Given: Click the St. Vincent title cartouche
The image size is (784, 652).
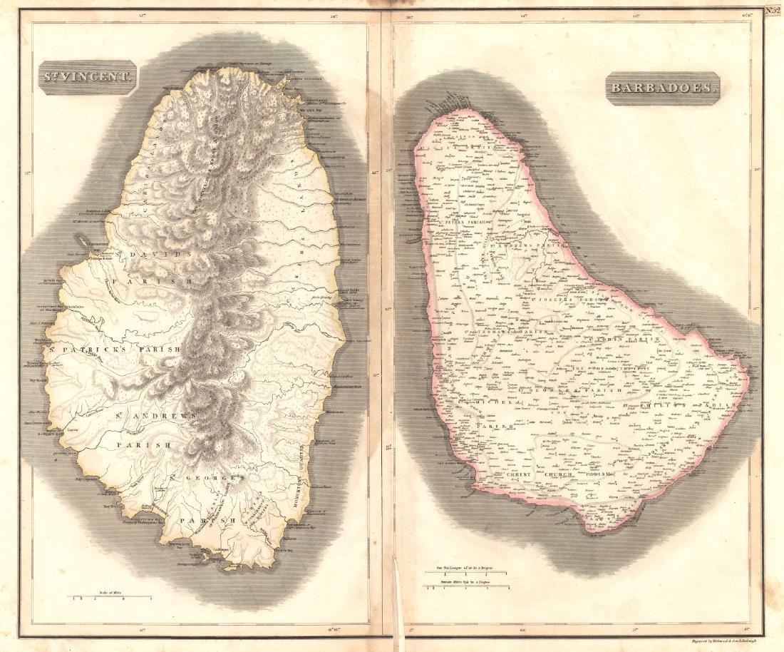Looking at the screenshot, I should coord(87,78).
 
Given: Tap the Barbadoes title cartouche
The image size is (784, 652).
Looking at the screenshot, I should coord(662,88).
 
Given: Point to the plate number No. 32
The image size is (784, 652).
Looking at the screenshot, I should coord(773,10).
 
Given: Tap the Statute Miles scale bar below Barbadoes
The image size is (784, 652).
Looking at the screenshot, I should coord(466,587).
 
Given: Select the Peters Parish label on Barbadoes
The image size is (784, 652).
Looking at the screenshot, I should coord(465,223).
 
